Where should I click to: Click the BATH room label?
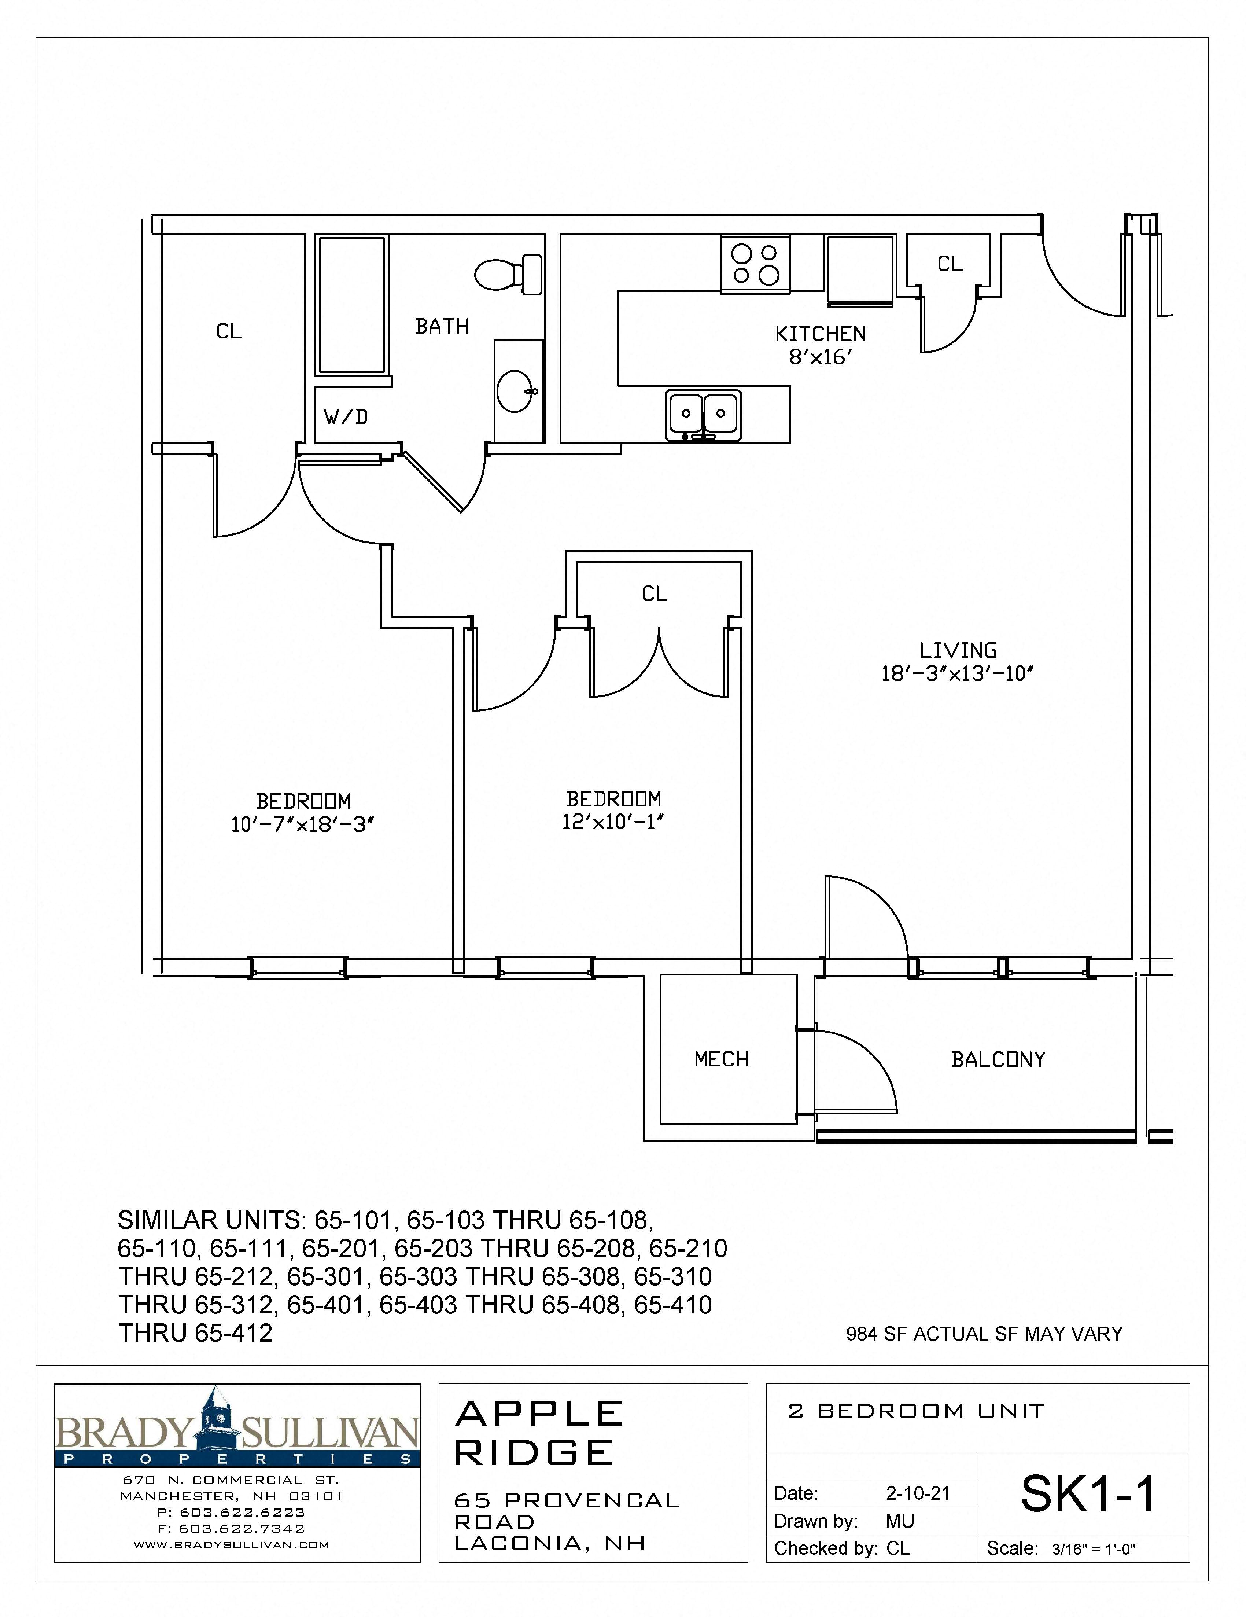coord(442,327)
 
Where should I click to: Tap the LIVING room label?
coord(958,651)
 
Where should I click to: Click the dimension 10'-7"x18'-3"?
coord(303,825)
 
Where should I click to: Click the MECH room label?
coord(721,1059)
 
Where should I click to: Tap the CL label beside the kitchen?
coord(950,264)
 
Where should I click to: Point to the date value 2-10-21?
coord(917,1494)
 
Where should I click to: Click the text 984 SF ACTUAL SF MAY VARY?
coord(984,1334)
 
